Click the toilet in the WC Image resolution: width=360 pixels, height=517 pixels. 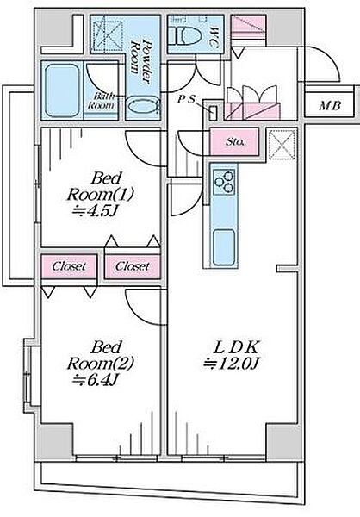tap(187, 34)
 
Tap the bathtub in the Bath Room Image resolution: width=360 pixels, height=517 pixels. tap(62, 90)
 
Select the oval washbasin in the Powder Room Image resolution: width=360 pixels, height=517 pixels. tap(143, 106)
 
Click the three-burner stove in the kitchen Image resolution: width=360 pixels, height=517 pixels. tap(224, 182)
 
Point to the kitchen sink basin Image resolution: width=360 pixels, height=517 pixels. tap(224, 247)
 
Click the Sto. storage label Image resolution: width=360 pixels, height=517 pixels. tap(235, 142)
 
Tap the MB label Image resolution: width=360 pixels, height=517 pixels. tap(330, 106)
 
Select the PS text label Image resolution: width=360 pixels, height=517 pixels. tap(186, 99)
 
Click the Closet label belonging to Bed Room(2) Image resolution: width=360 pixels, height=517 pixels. tap(69, 266)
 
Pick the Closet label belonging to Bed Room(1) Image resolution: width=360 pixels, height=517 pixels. tap(133, 266)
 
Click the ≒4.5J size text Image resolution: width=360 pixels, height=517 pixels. tap(95, 211)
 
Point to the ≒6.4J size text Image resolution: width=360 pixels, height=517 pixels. tap(95, 380)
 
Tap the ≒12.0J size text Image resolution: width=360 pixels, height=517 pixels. tap(232, 364)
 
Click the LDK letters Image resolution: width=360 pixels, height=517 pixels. tap(236, 347)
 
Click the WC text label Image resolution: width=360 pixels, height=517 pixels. tap(214, 38)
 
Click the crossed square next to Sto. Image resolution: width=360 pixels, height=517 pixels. tap(282, 145)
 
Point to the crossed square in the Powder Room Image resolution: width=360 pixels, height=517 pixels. tap(107, 35)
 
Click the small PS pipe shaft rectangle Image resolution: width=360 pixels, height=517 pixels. tap(214, 113)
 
